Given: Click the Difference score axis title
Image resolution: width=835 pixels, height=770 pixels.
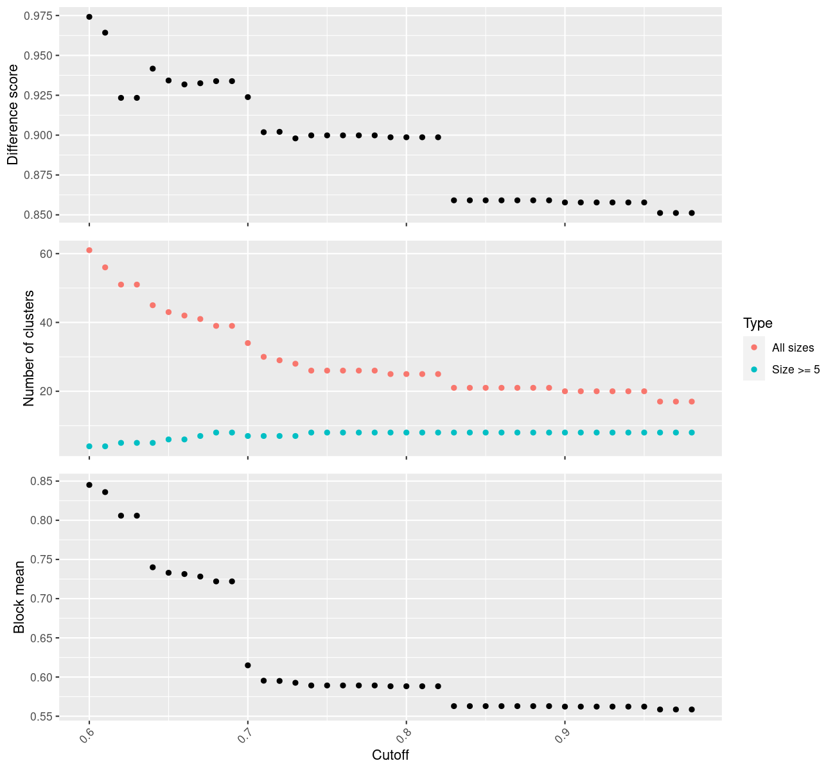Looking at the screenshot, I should click(x=13, y=114).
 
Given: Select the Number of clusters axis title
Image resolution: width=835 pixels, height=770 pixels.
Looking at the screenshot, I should click(x=28, y=348).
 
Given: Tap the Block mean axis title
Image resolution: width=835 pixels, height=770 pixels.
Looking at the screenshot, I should click(x=19, y=597).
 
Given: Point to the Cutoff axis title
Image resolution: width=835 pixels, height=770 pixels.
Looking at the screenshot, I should click(x=391, y=755).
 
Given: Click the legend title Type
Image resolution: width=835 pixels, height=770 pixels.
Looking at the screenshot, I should click(x=757, y=323).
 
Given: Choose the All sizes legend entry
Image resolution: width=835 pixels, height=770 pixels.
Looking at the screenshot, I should click(x=793, y=348).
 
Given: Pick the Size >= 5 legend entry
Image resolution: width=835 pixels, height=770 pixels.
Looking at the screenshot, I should click(x=796, y=370).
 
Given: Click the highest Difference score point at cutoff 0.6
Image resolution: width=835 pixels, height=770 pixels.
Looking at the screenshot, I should click(x=89, y=17).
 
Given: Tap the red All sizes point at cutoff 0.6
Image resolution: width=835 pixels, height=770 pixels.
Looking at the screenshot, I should click(x=89, y=250).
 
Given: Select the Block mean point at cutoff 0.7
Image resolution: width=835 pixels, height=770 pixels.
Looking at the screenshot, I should click(x=248, y=665).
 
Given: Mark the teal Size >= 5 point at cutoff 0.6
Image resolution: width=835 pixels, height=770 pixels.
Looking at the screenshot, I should click(x=89, y=446).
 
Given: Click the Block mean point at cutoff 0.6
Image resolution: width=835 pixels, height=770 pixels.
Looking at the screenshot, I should click(x=89, y=485).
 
